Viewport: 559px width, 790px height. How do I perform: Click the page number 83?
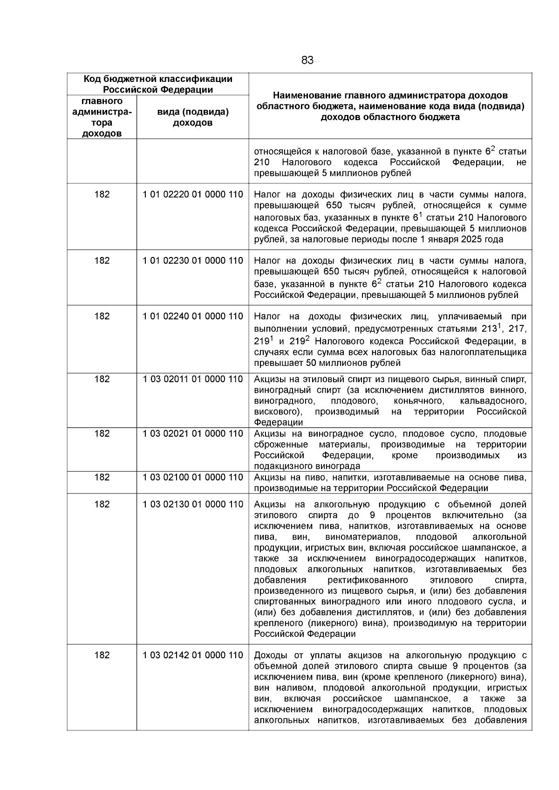(x=307, y=61)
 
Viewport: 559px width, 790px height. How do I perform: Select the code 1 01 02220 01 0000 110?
(x=193, y=195)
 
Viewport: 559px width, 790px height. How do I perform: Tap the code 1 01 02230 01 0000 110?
(x=193, y=261)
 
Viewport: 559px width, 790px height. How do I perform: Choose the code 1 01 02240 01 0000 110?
(x=193, y=316)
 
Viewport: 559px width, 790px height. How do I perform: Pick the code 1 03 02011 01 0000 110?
(x=193, y=379)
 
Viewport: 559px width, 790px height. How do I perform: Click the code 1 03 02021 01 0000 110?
(x=193, y=433)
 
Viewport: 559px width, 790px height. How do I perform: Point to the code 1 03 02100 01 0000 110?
(x=193, y=477)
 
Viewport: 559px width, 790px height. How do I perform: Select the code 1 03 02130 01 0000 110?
(x=193, y=504)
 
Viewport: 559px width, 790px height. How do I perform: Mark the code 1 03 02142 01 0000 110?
(x=193, y=655)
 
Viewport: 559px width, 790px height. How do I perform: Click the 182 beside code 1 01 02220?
(x=102, y=195)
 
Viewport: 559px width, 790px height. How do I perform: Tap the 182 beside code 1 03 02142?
(x=102, y=655)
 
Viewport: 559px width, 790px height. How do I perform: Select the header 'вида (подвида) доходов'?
(x=193, y=117)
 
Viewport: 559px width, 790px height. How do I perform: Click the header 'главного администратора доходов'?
(x=102, y=117)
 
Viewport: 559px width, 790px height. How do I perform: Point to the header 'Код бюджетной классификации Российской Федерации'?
(x=158, y=84)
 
